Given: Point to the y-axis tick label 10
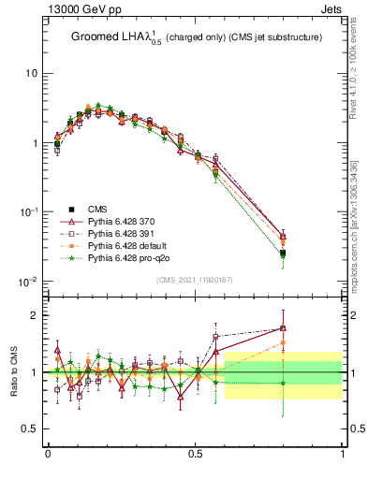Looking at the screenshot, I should (30, 74).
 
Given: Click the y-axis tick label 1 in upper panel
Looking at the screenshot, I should (34, 143).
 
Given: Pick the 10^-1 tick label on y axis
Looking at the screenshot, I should (28, 212).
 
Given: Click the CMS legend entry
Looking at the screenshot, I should (98, 210).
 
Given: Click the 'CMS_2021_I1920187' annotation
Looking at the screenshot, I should (194, 280).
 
